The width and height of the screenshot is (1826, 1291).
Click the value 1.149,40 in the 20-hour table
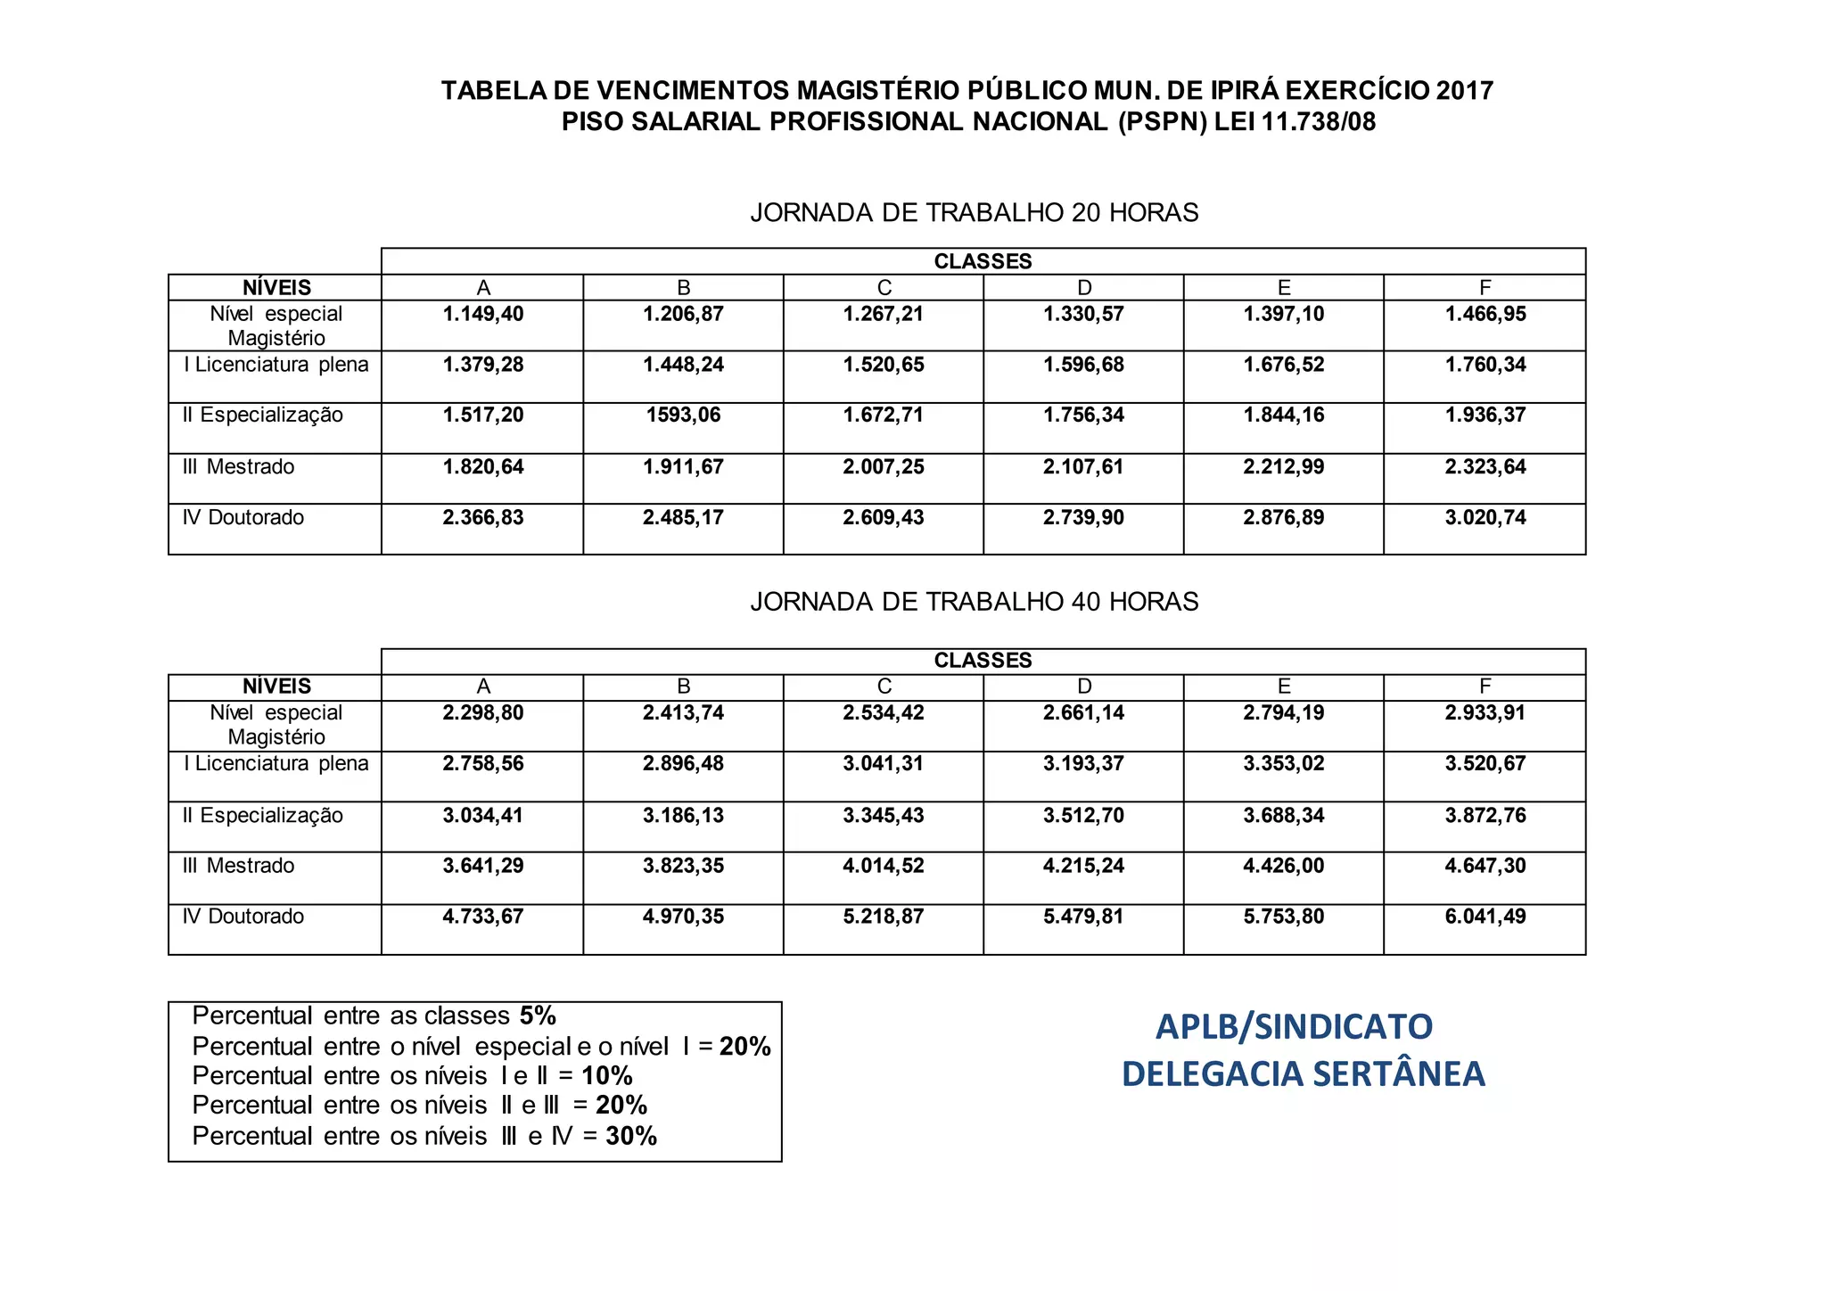pyautogui.click(x=483, y=314)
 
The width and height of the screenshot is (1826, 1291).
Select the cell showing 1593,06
pyautogui.click(x=683, y=415)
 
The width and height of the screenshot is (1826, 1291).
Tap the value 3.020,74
pyautogui.click(x=1485, y=518)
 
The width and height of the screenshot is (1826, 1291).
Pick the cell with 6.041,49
pyautogui.click(x=1485, y=917)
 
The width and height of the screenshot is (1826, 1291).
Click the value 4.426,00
pyautogui.click(x=1284, y=866)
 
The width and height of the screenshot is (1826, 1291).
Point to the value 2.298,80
pyautogui.click(x=483, y=713)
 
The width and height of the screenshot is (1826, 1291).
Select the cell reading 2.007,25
pyautogui.click(x=884, y=467)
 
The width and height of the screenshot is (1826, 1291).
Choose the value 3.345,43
pyautogui.click(x=884, y=816)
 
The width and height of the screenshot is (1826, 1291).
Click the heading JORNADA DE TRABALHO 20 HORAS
pyautogui.click(x=975, y=213)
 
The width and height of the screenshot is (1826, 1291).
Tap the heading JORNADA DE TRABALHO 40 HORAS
pyautogui.click(x=975, y=603)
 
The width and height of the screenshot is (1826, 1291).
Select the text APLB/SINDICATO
pyautogui.click(x=1294, y=1027)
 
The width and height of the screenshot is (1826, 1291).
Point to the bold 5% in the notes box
pyautogui.click(x=538, y=1016)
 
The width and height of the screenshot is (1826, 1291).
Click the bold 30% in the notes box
pyautogui.click(x=631, y=1136)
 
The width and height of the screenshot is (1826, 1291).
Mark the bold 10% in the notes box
pyautogui.click(x=607, y=1076)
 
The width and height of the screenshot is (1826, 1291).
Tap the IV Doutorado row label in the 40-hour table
pyautogui.click(x=243, y=917)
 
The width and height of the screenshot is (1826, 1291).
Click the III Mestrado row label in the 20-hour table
pyautogui.click(x=238, y=467)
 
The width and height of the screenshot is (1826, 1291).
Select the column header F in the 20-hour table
pyautogui.click(x=1485, y=288)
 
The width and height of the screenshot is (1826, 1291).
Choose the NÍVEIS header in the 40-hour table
pyautogui.click(x=276, y=687)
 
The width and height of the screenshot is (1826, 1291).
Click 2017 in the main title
pyautogui.click(x=1464, y=91)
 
